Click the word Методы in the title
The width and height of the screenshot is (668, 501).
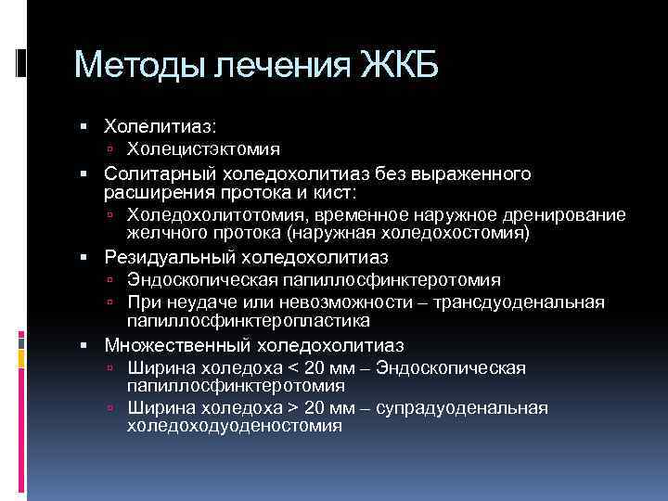139,66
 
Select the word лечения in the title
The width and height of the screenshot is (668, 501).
278,66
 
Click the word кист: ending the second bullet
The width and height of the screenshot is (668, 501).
334,191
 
